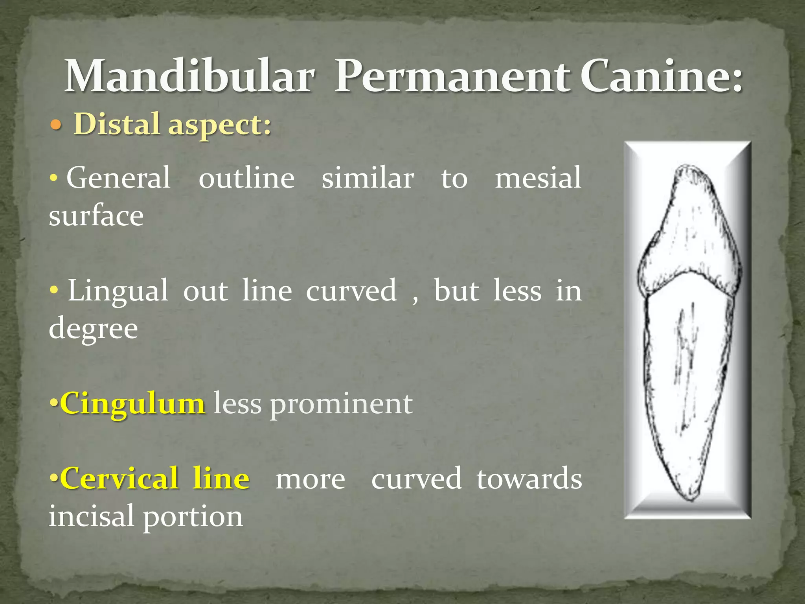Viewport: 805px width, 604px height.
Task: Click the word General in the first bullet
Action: click(118, 178)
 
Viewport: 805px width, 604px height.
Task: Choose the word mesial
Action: click(538, 178)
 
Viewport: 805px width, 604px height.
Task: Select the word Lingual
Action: click(118, 291)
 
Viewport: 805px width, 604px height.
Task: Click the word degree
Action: click(94, 329)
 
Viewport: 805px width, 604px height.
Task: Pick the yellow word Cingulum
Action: click(132, 403)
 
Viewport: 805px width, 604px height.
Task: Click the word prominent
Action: click(341, 404)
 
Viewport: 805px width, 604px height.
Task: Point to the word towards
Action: click(529, 479)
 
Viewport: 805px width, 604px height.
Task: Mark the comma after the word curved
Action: click(415, 301)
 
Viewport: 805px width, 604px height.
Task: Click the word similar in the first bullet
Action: click(368, 178)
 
